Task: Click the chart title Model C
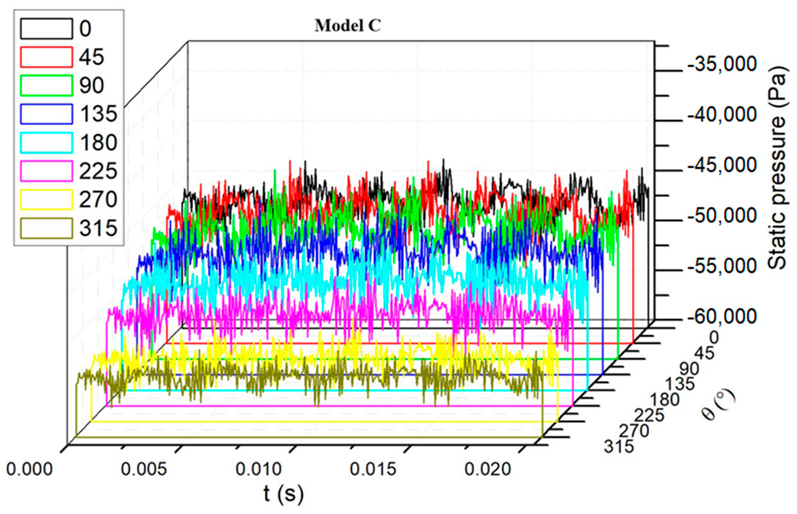347,26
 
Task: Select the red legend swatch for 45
47,57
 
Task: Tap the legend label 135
98,114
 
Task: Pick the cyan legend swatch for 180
47,143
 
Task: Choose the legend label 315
98,229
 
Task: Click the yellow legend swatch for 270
47,200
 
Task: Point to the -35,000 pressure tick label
722,64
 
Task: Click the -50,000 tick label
722,216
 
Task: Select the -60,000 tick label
722,317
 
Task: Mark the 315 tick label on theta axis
618,447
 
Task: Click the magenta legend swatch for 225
47,171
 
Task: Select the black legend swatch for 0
47,29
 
